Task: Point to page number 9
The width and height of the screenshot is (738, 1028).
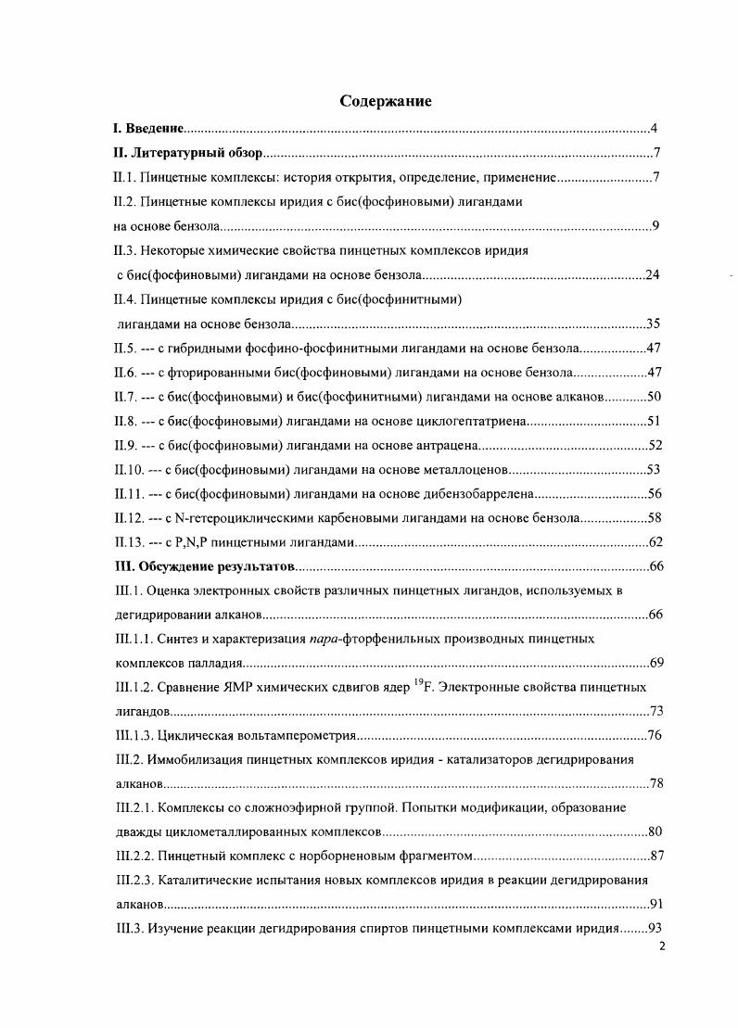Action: (x=655, y=226)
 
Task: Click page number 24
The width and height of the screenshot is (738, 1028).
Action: (x=652, y=275)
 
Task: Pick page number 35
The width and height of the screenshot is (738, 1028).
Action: (x=652, y=324)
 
